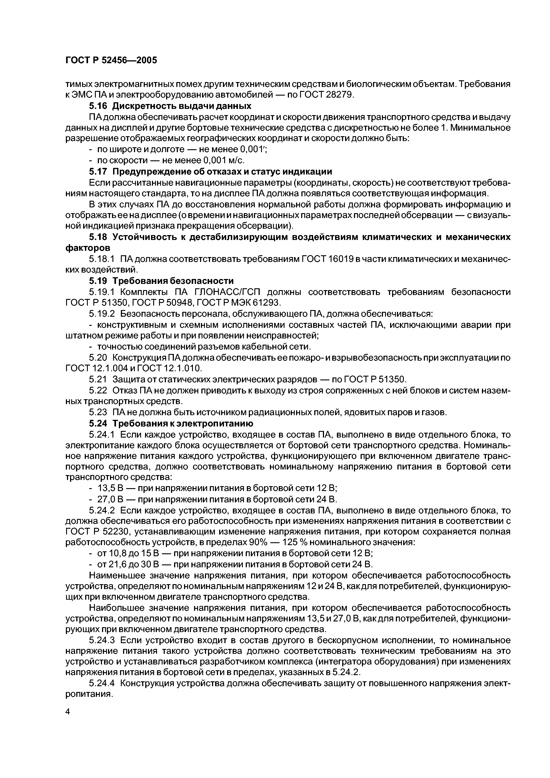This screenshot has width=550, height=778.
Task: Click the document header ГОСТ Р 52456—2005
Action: click(x=111, y=60)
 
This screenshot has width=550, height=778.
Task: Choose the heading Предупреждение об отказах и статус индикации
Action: click(x=222, y=171)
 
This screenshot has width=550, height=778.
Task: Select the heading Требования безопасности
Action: click(x=173, y=281)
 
